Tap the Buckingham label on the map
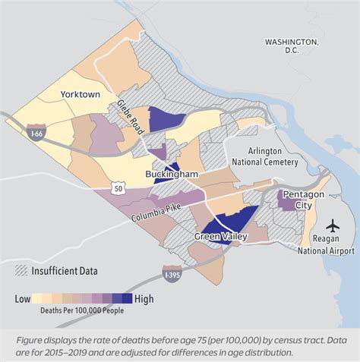172,175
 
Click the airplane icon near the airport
332,225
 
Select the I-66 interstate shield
35,134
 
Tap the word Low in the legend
24,298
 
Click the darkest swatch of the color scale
127,298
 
